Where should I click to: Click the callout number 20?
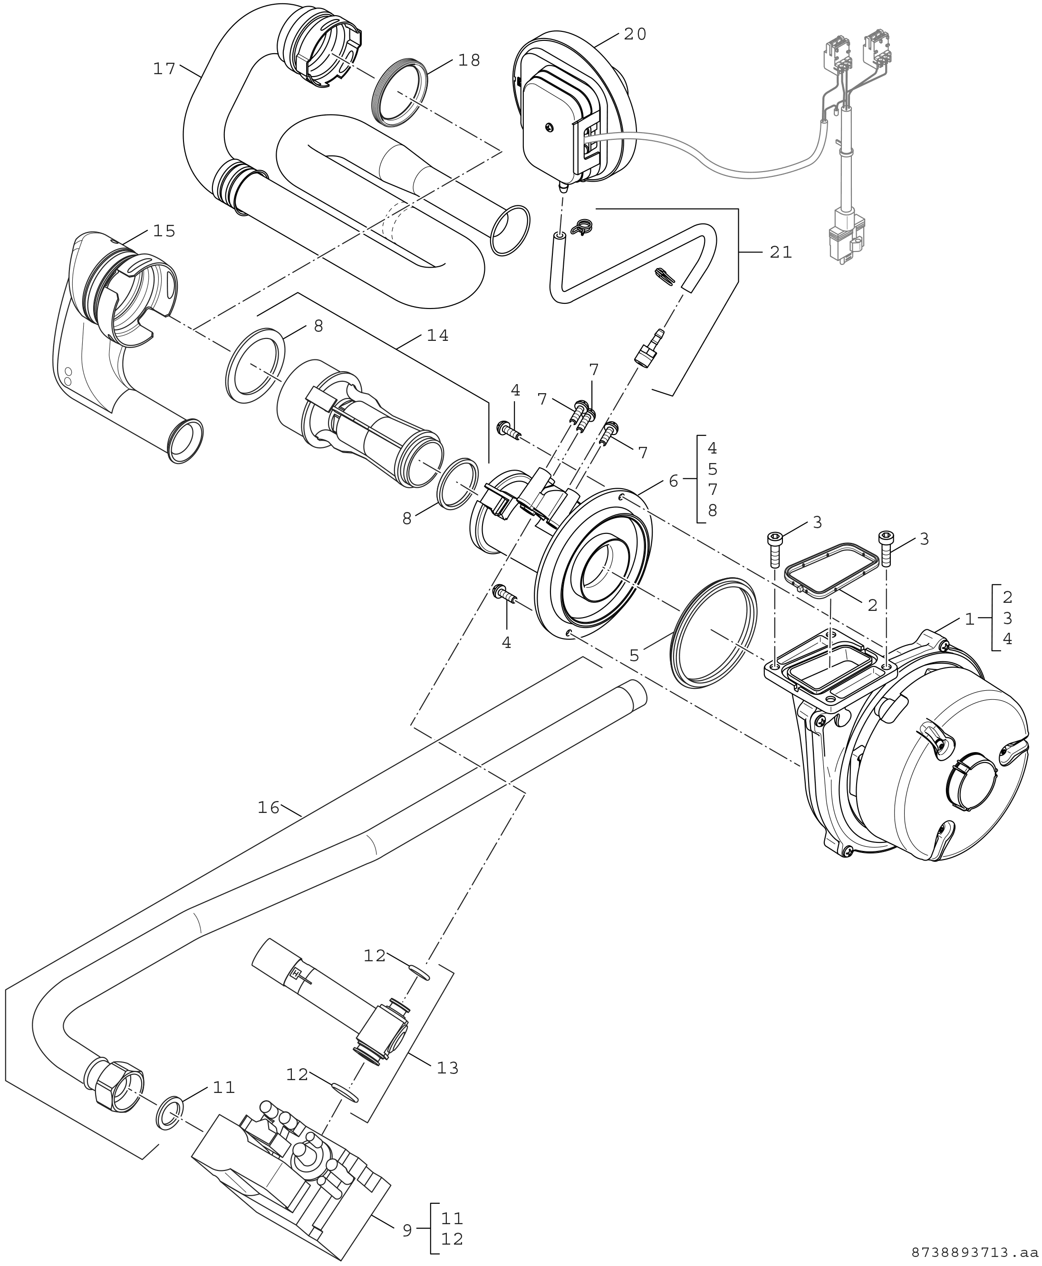pos(635,35)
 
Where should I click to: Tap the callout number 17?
pos(164,69)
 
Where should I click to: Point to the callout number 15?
pos(164,231)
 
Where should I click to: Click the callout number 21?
pos(781,253)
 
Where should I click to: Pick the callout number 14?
pos(437,336)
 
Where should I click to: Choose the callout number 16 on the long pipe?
pos(269,808)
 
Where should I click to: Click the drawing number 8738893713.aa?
pos(974,1253)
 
